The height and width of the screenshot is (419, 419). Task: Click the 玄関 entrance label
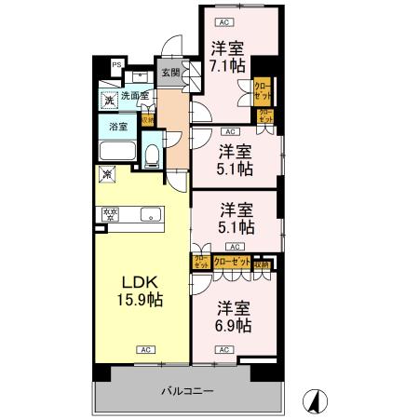(169, 73)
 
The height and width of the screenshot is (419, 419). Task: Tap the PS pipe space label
(116, 64)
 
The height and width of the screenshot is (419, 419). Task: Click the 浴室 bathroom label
(118, 126)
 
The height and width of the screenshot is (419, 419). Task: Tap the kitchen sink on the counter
(148, 215)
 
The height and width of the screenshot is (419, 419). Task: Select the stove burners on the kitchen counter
(110, 215)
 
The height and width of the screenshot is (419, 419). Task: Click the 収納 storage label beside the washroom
(147, 119)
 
